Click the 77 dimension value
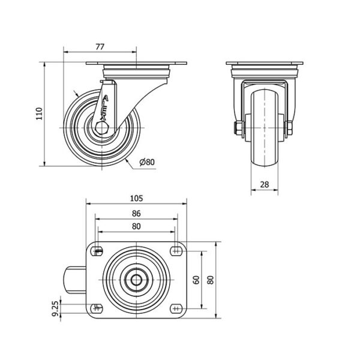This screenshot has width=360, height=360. click(x=100, y=47)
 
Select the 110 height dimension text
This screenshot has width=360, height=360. click(x=40, y=113)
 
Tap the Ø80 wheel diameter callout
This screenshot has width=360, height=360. click(x=147, y=162)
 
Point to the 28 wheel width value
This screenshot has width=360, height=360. click(x=265, y=184)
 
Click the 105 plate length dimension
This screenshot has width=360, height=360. click(x=136, y=199)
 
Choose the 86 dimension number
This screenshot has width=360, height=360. click(x=136, y=214)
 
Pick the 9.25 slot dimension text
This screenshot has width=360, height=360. click(x=55, y=308)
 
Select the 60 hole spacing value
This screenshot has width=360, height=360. click(x=197, y=280)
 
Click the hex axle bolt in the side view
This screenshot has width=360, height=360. click(x=102, y=128)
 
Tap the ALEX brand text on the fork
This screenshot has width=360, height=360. click(x=104, y=107)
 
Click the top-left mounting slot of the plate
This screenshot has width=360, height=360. click(x=97, y=251)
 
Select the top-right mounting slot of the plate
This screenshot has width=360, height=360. click(x=176, y=251)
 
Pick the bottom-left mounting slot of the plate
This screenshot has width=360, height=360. click(x=97, y=308)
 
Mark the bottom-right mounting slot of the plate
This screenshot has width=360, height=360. click(x=176, y=308)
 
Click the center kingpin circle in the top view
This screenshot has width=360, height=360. click(x=136, y=280)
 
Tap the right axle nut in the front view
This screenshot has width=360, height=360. click(x=290, y=128)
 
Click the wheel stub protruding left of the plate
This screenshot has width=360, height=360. click(x=75, y=280)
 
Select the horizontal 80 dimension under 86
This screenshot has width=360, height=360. click(x=136, y=227)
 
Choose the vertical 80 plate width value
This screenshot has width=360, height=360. click(x=211, y=280)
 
